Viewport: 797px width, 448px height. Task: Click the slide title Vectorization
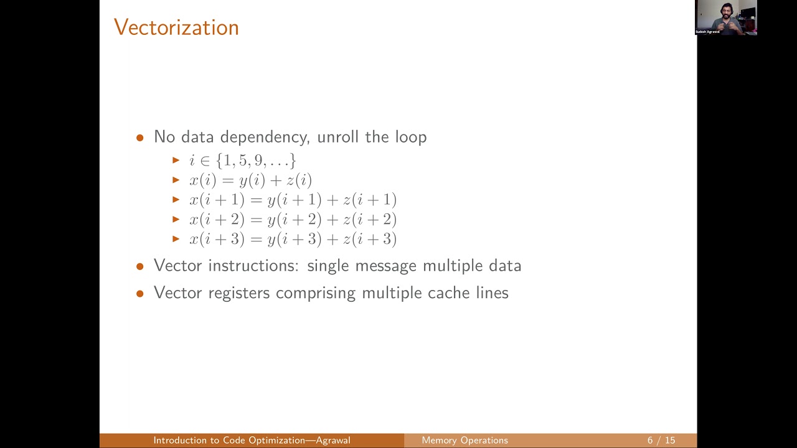click(x=176, y=27)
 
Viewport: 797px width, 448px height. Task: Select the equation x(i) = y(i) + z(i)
click(x=250, y=180)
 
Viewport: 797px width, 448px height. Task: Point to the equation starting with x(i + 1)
click(x=293, y=200)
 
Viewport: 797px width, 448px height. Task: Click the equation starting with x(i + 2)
click(x=293, y=220)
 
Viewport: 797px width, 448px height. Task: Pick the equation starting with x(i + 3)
click(x=293, y=240)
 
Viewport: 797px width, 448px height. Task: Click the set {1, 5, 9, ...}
click(x=256, y=161)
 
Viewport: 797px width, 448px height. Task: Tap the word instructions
click(x=253, y=266)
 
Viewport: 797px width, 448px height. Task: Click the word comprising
click(x=316, y=293)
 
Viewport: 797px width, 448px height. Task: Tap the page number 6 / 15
click(x=661, y=441)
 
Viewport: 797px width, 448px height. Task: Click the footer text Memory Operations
click(x=465, y=441)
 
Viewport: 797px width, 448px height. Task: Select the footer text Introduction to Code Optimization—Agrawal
click(x=252, y=441)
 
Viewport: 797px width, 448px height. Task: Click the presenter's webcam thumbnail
click(x=726, y=17)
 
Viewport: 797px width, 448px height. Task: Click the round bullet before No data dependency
click(x=140, y=138)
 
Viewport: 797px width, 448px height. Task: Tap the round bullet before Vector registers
click(x=140, y=294)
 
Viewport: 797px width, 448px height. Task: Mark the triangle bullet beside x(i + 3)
click(x=176, y=239)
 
